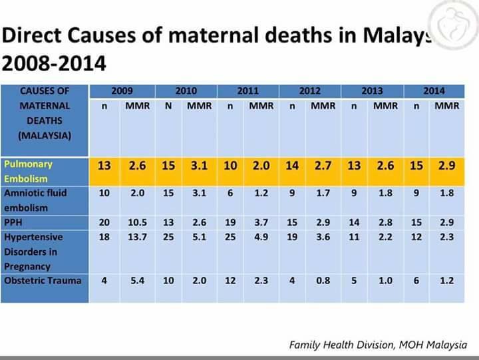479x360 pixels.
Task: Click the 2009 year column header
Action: [x=122, y=90]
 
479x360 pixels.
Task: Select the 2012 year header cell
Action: [x=310, y=90]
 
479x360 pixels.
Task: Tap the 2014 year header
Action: [x=434, y=90]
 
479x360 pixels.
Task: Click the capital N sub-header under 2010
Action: [x=168, y=106]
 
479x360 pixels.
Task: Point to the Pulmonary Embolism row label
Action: [x=28, y=171]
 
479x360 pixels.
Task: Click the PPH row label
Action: [x=13, y=222]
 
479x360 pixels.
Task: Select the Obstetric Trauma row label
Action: [x=43, y=281]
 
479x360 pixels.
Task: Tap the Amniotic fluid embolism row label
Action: [x=35, y=200]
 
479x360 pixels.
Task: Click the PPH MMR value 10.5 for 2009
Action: [x=138, y=222]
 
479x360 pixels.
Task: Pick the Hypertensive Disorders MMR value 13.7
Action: [x=138, y=237]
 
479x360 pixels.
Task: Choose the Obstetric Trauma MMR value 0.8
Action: [x=323, y=281]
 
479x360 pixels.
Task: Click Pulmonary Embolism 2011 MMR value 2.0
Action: [x=261, y=165]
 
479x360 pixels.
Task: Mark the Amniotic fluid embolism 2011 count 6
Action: [x=230, y=193]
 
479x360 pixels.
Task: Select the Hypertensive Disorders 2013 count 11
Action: [x=354, y=237]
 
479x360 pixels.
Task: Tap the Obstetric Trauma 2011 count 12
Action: [x=230, y=281]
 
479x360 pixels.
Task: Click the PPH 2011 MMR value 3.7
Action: [x=261, y=222]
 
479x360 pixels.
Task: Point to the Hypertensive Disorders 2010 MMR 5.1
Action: [x=199, y=237]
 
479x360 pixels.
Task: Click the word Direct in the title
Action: [x=31, y=35]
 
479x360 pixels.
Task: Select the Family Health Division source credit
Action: [x=378, y=345]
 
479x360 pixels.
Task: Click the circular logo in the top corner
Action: [x=454, y=25]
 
